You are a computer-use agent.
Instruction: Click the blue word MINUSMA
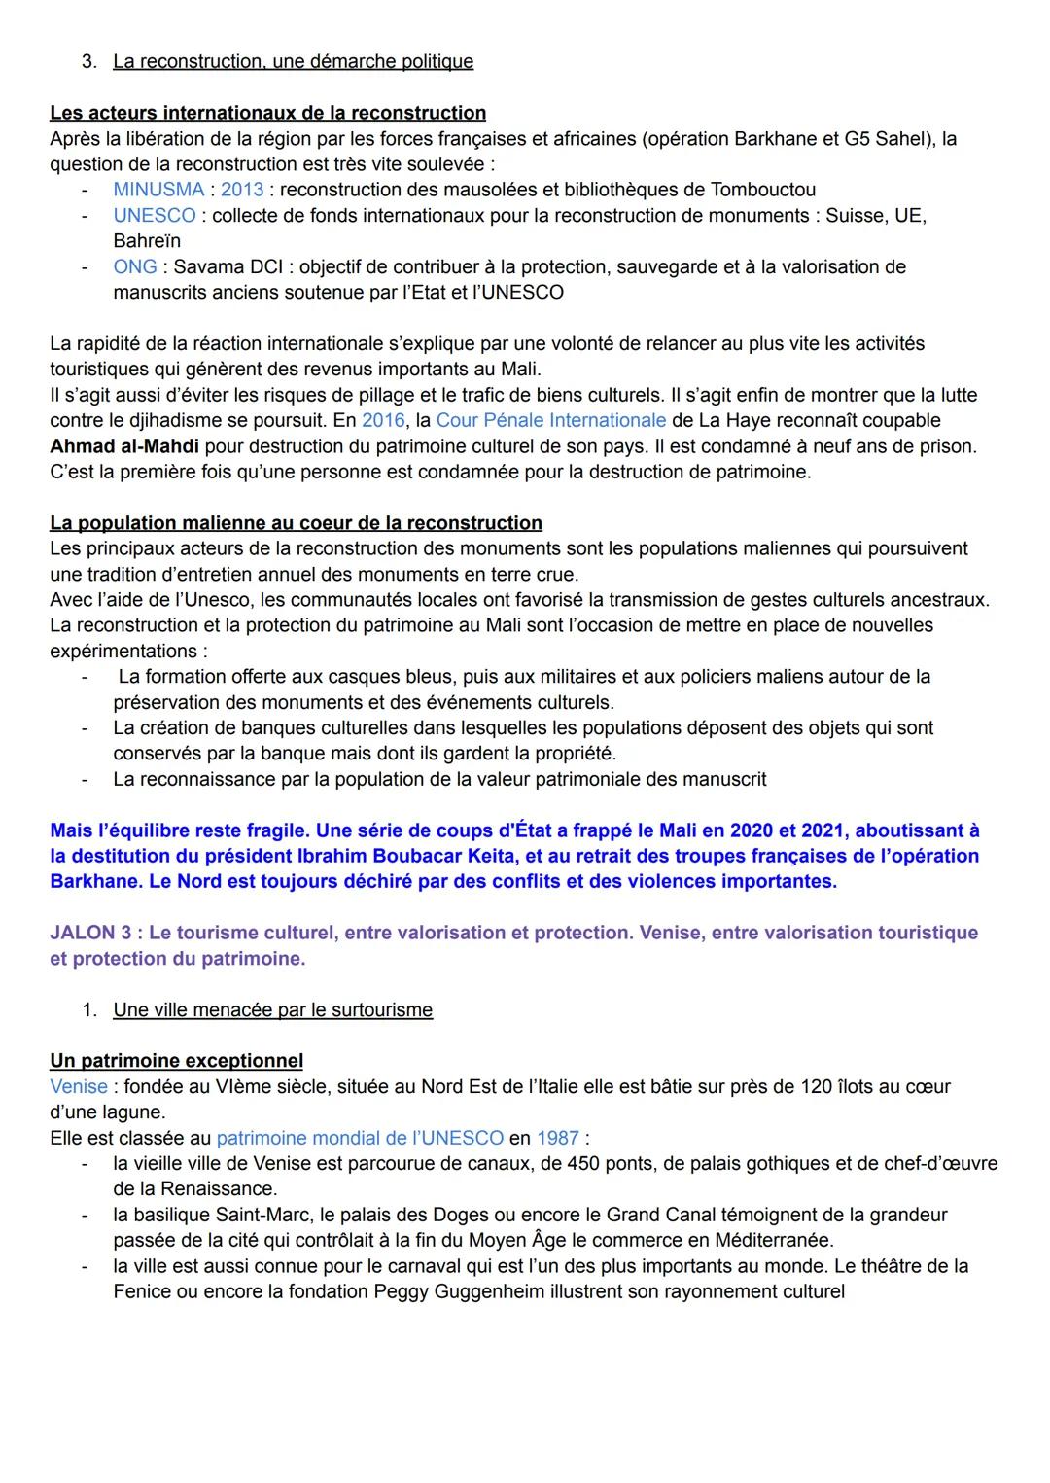coord(158,190)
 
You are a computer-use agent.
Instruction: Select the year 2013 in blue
coord(242,190)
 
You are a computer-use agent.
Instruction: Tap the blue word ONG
coord(134,266)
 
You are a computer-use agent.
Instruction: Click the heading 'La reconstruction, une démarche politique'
coord(293,61)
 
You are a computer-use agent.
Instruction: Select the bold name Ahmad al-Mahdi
coord(124,446)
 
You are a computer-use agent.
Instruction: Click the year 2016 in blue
coord(383,420)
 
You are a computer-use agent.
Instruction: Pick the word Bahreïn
coord(147,241)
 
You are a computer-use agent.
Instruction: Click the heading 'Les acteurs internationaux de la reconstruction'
coord(267,113)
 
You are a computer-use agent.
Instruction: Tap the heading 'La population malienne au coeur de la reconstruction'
coord(296,523)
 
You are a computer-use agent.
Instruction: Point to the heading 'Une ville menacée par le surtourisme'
coord(272,1009)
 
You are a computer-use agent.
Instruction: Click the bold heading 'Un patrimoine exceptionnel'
coord(176,1061)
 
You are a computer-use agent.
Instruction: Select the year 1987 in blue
coord(558,1138)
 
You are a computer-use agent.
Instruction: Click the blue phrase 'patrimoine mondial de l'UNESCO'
coord(360,1138)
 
